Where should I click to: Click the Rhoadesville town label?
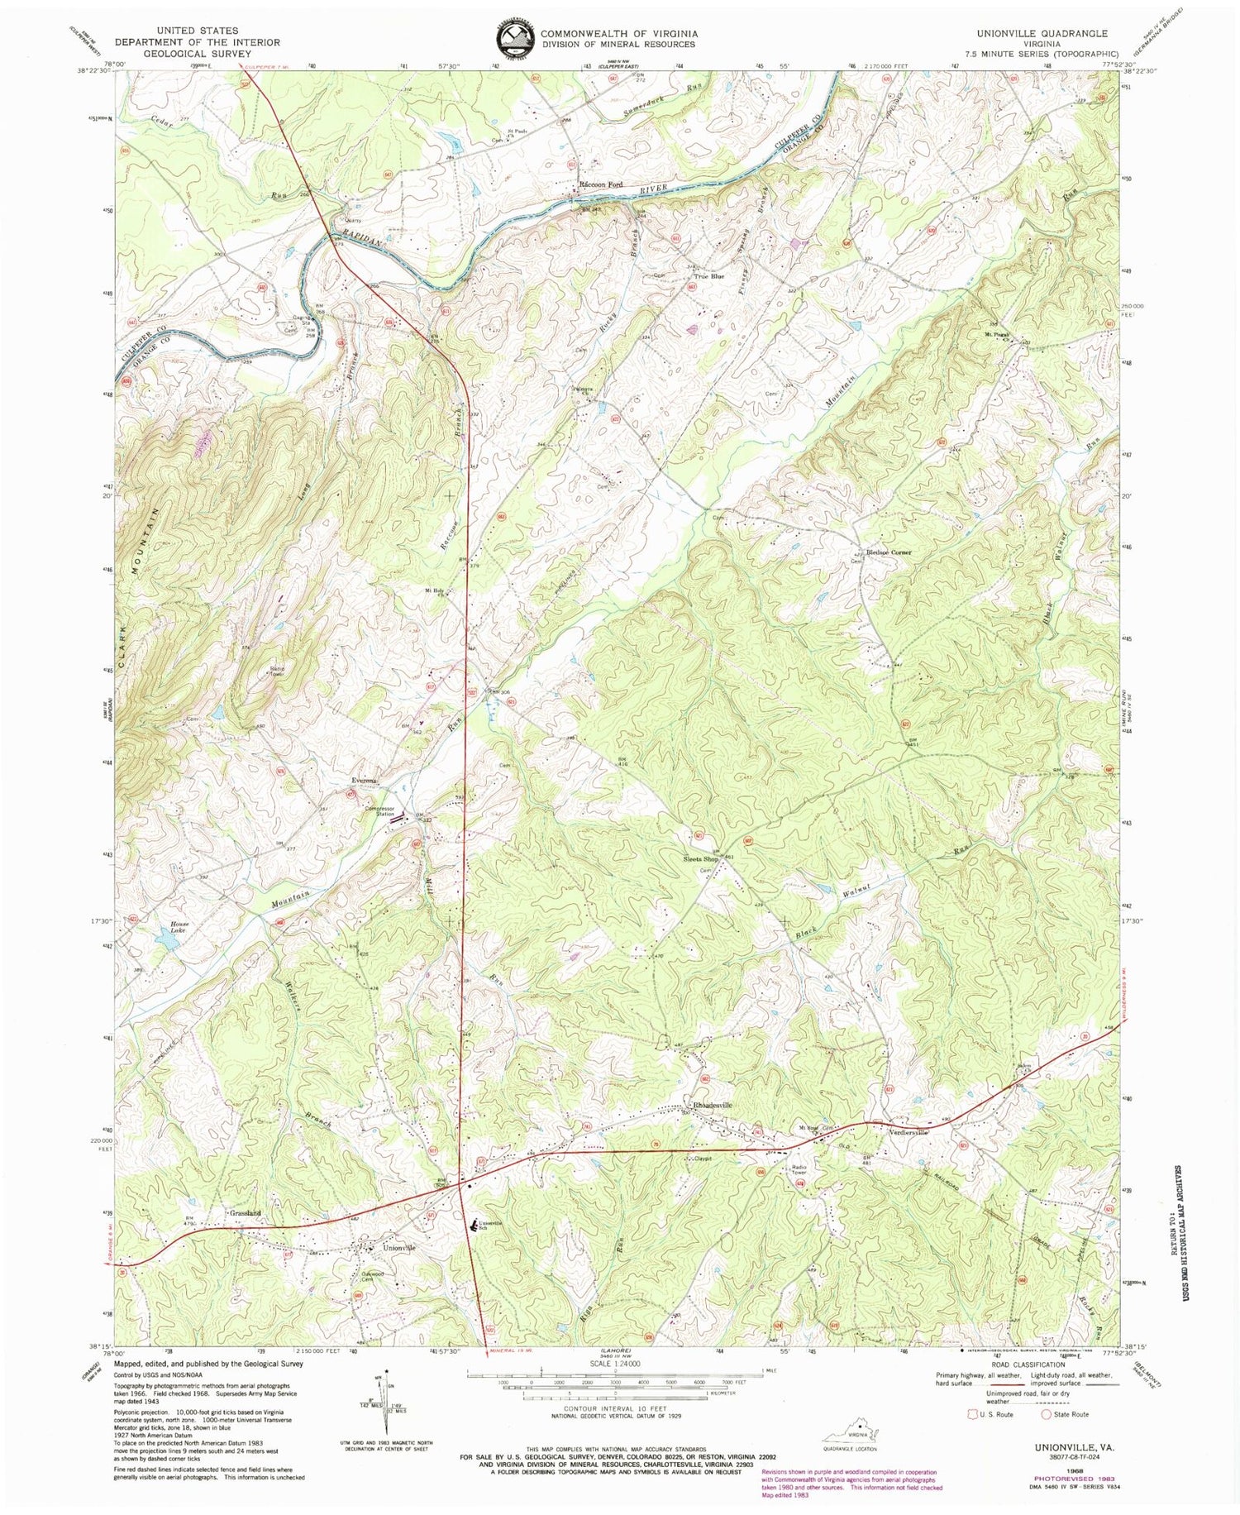pyautogui.click(x=712, y=1105)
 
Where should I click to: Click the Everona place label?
pyautogui.click(x=364, y=781)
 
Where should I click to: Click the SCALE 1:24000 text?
pyautogui.click(x=615, y=1364)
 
